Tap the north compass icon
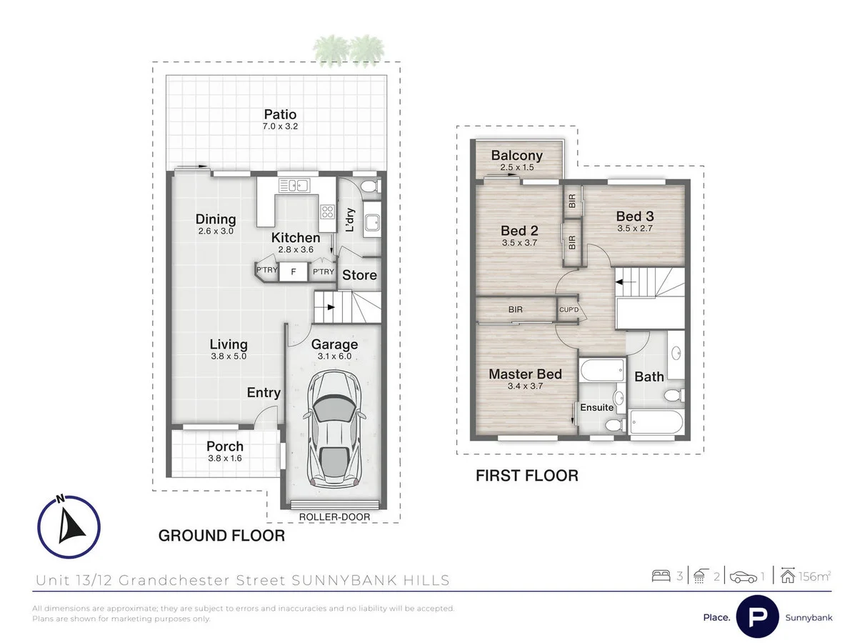tap(69, 526)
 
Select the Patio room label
tap(280, 114)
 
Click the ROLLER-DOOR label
tap(334, 516)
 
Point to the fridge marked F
tap(293, 272)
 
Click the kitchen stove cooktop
tap(328, 211)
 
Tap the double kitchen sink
tap(293, 186)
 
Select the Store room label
tap(359, 275)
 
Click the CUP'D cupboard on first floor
tap(568, 311)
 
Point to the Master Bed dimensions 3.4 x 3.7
tap(525, 387)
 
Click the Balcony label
tap(517, 155)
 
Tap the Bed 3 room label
tap(635, 216)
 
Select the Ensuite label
tap(597, 407)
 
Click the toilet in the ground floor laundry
tap(369, 187)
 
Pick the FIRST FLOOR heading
tap(527, 475)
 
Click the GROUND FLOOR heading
tap(221, 535)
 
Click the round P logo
tap(757, 616)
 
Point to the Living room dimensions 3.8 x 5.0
tap(228, 356)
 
